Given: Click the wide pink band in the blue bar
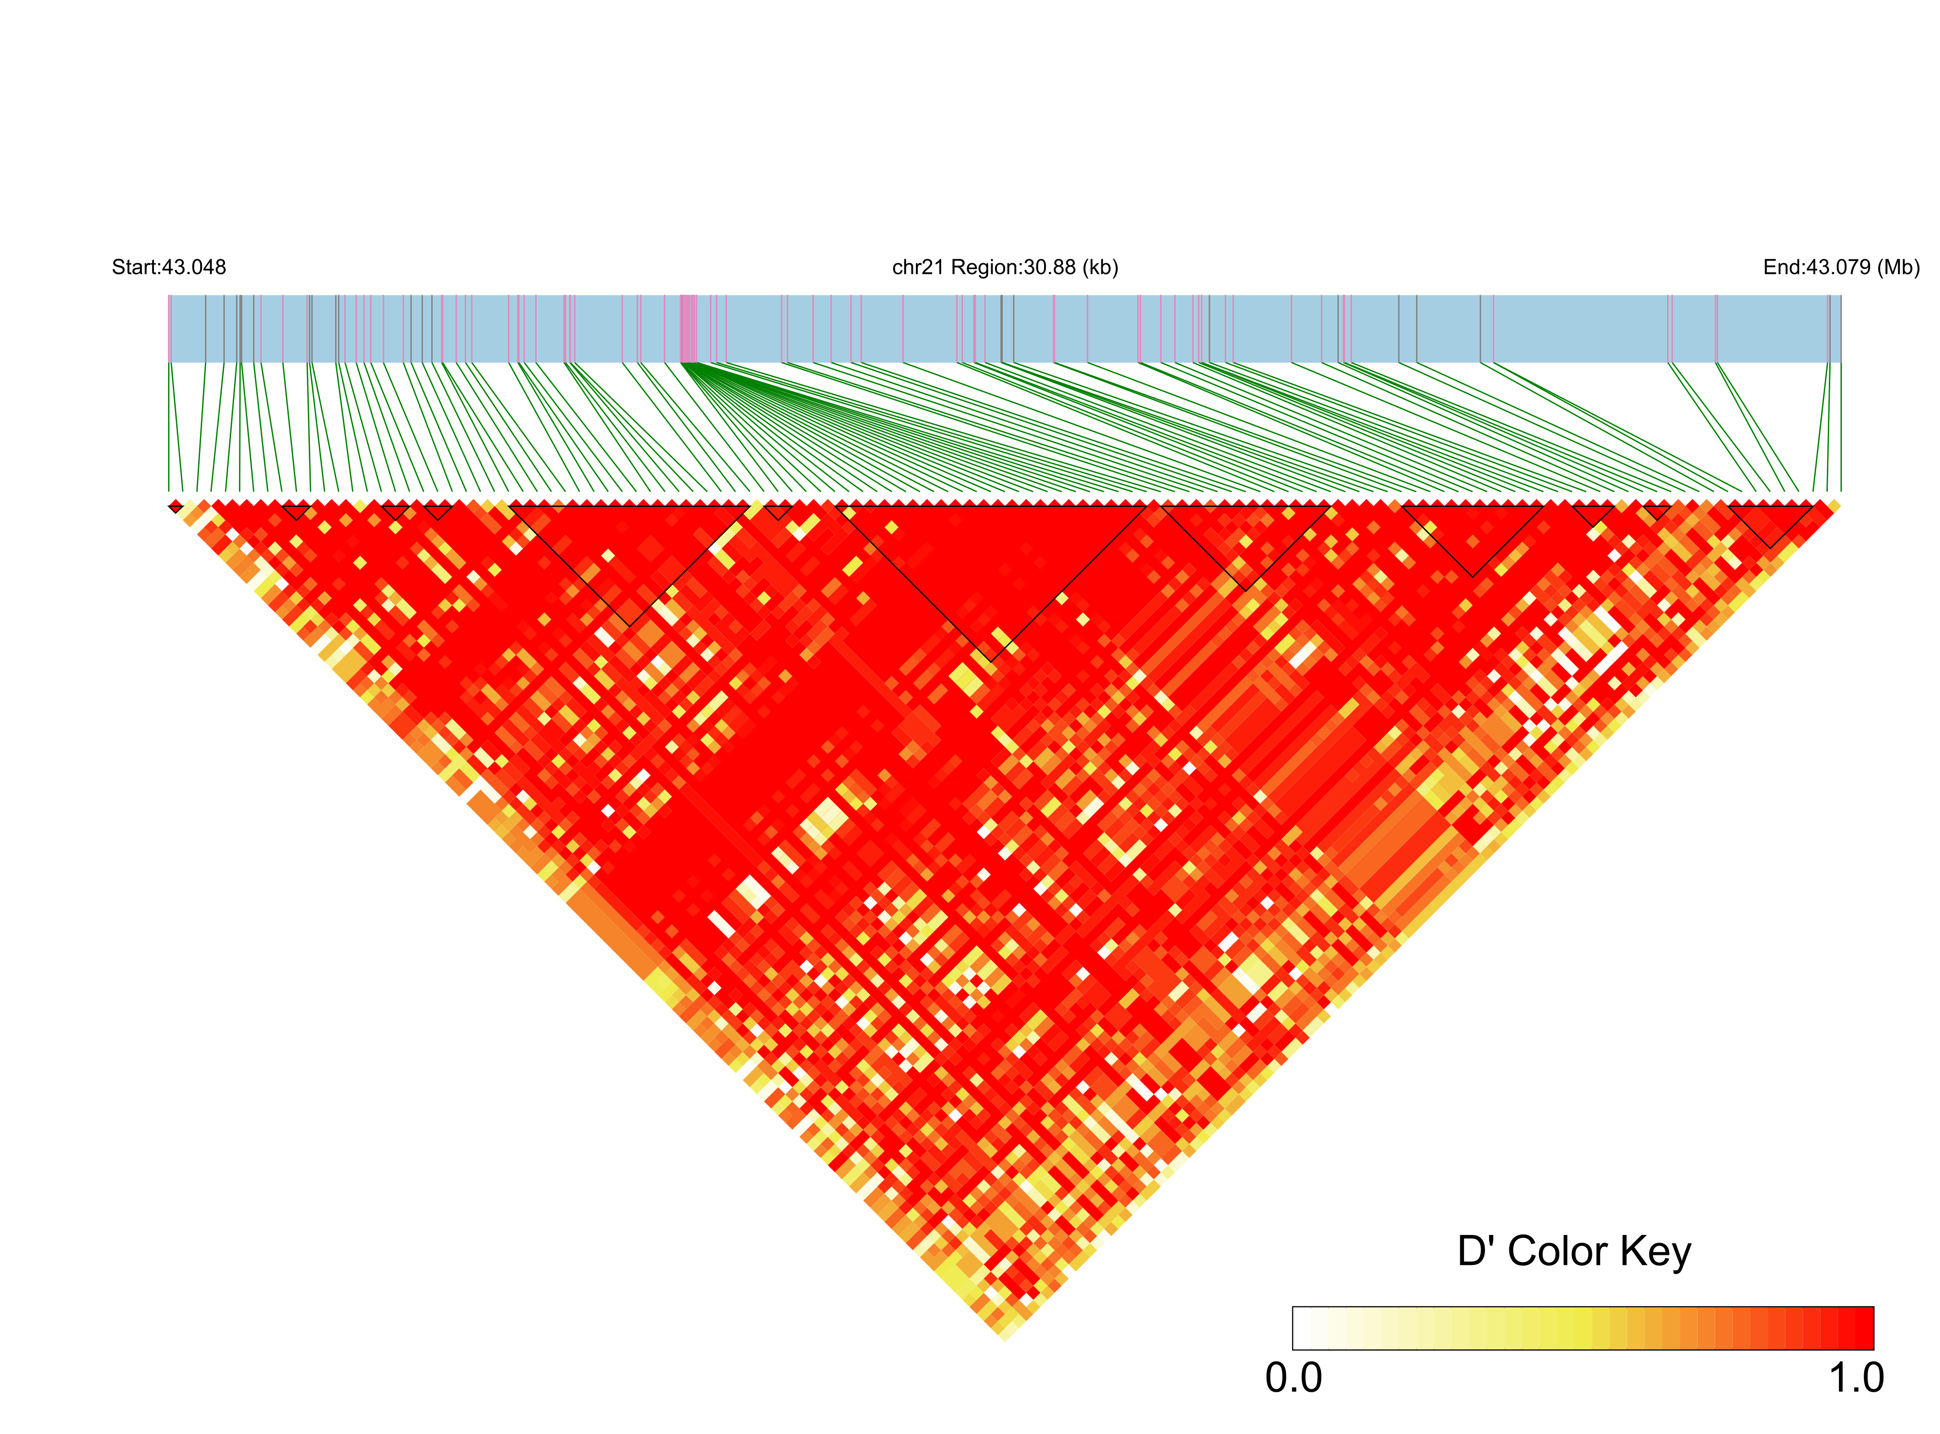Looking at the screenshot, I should pos(688,328).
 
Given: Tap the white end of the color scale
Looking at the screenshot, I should pos(1302,1328).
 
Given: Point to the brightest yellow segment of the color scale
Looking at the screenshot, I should pos(1584,1328).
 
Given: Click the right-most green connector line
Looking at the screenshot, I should pos(1840,425).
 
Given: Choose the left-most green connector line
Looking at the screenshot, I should pos(169,425).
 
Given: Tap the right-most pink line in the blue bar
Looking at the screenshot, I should pos(1830,328).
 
